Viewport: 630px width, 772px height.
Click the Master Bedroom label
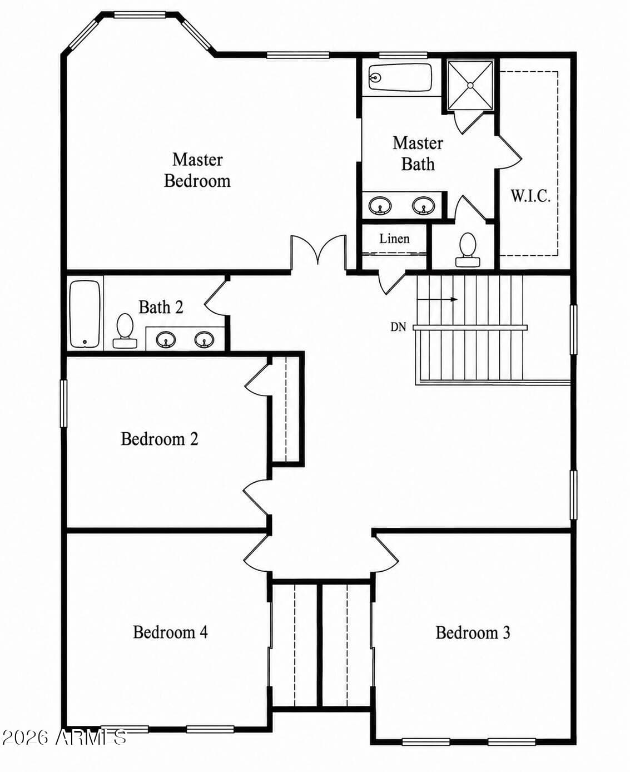[197, 170]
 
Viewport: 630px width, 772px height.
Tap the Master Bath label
[418, 154]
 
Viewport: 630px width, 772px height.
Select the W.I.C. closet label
[530, 196]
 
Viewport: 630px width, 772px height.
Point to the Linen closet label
[394, 239]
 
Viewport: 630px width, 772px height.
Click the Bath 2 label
[161, 307]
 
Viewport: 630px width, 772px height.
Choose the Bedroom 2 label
[159, 439]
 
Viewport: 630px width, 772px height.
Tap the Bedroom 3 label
[473, 632]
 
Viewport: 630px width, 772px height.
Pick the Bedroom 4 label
[170, 632]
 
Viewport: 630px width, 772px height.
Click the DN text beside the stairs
[398, 327]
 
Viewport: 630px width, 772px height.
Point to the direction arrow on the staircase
[438, 299]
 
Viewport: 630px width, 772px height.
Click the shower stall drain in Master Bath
[470, 85]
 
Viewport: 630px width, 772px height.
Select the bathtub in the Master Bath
[400, 77]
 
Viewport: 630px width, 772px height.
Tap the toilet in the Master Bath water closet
[468, 250]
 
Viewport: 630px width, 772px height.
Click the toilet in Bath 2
[125, 330]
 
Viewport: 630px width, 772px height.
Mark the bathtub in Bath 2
[85, 314]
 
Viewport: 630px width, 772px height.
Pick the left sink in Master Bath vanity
[380, 206]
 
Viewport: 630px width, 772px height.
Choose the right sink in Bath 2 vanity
[204, 340]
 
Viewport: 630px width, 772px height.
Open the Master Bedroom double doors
[318, 253]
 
